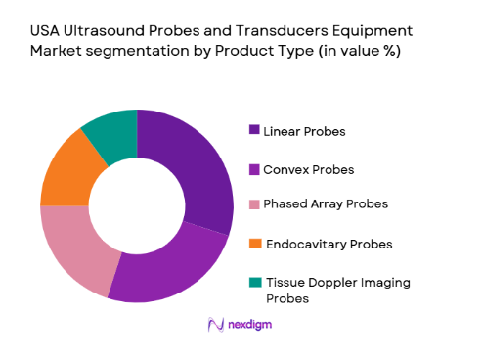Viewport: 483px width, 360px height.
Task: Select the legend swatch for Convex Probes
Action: (x=254, y=169)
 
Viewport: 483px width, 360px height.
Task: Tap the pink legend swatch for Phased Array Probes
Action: (x=254, y=203)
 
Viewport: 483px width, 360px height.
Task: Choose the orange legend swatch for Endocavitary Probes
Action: (x=254, y=243)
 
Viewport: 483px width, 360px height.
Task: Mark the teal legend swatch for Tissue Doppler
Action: (x=254, y=283)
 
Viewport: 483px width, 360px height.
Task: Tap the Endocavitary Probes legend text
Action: (x=324, y=243)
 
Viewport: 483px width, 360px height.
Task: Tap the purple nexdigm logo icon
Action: (x=214, y=324)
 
